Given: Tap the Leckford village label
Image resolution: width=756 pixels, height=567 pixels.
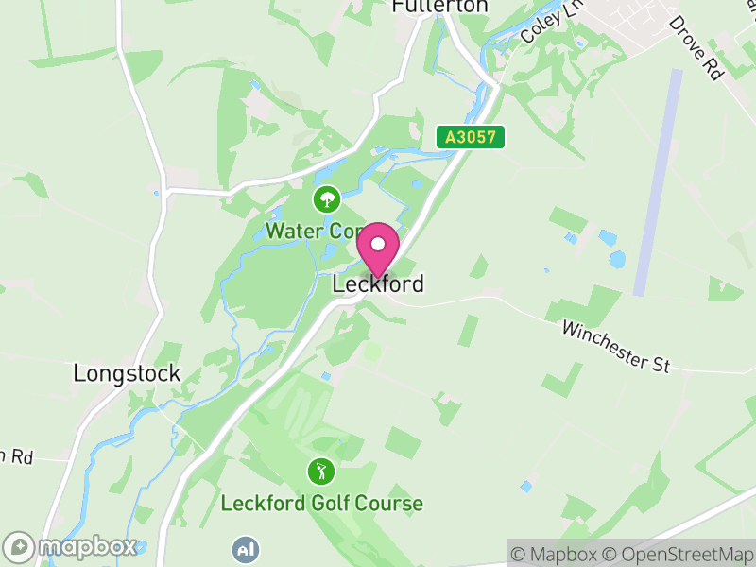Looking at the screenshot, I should tap(378, 283).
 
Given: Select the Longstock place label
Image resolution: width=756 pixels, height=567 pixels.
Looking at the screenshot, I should tap(127, 373).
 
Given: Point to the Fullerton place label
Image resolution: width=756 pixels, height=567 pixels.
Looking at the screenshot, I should tap(439, 7).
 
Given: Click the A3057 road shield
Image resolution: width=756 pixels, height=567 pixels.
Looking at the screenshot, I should tap(471, 137).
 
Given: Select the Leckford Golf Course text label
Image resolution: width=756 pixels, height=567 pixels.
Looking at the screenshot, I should tap(321, 503).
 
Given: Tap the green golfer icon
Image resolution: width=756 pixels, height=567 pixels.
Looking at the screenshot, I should tap(321, 470).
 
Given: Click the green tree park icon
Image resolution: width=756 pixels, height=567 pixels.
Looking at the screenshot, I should tap(326, 198).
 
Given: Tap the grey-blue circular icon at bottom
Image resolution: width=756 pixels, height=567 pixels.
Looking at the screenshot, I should tap(246, 549).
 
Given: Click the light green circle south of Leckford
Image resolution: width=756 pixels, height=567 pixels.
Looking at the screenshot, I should tap(372, 352).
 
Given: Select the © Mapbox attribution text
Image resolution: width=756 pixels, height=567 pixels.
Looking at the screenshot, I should tap(557, 554).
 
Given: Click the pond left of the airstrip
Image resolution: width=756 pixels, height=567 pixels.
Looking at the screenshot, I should tap(618, 257).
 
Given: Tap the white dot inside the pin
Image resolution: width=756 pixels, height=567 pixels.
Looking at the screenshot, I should tap(378, 244).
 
